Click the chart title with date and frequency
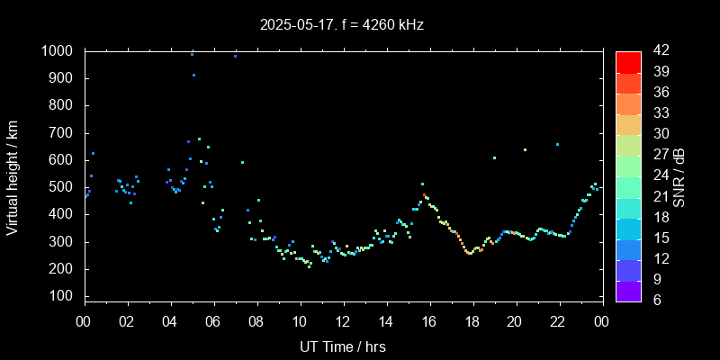[x=342, y=25]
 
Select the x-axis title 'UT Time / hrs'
[x=342, y=346]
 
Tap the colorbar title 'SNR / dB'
[x=679, y=175]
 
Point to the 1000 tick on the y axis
[x=63, y=51]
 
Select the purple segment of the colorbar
[x=628, y=291]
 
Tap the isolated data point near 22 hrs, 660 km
[x=557, y=144]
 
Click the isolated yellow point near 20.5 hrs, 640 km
[x=525, y=149]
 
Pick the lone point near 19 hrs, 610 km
[x=494, y=157]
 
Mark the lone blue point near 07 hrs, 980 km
[x=235, y=56]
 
